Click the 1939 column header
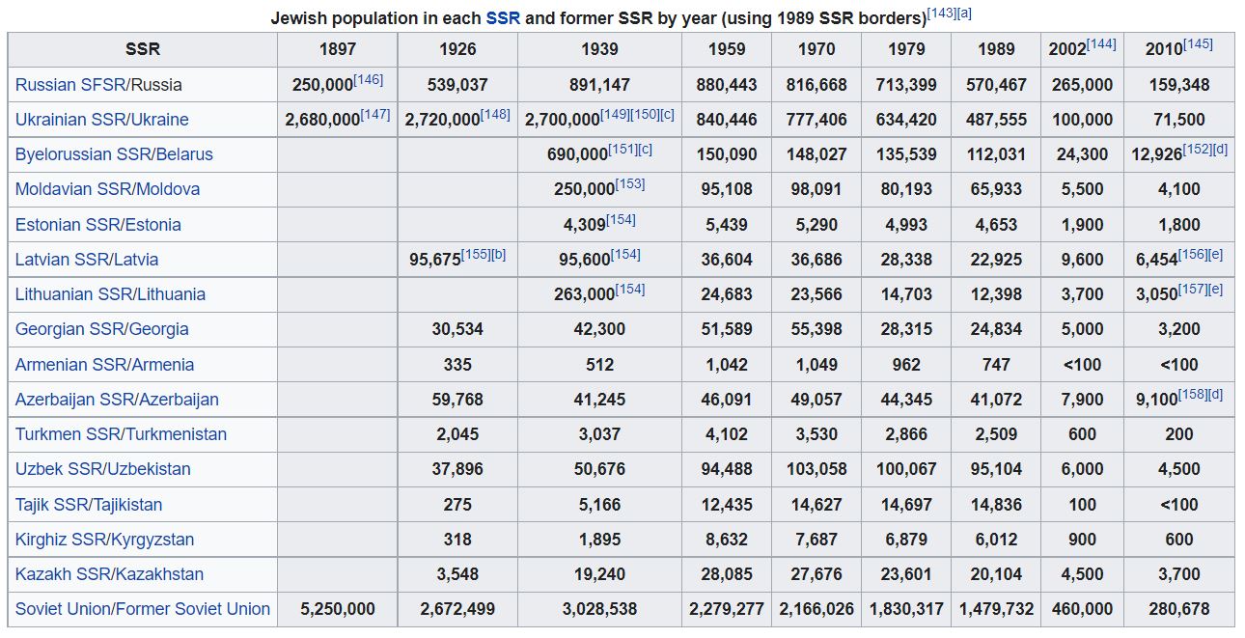[599, 49]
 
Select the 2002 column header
[1067, 49]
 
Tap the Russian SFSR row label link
[70, 85]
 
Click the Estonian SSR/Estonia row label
[97, 225]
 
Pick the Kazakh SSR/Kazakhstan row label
[109, 574]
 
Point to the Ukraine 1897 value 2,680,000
[322, 120]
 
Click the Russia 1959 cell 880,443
[727, 85]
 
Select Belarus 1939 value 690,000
[577, 154]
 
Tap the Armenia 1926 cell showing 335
[457, 365]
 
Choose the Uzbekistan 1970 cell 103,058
[816, 469]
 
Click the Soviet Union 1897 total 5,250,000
[338, 609]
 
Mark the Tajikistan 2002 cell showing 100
[1082, 505]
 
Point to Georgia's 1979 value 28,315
[906, 329]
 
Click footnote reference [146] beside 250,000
[369, 80]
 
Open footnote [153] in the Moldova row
[629, 184]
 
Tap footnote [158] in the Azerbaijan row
[1193, 395]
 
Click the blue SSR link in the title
[503, 18]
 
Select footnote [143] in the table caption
[942, 14]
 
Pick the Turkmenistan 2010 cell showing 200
[1178, 434]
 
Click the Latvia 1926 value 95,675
[435, 260]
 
